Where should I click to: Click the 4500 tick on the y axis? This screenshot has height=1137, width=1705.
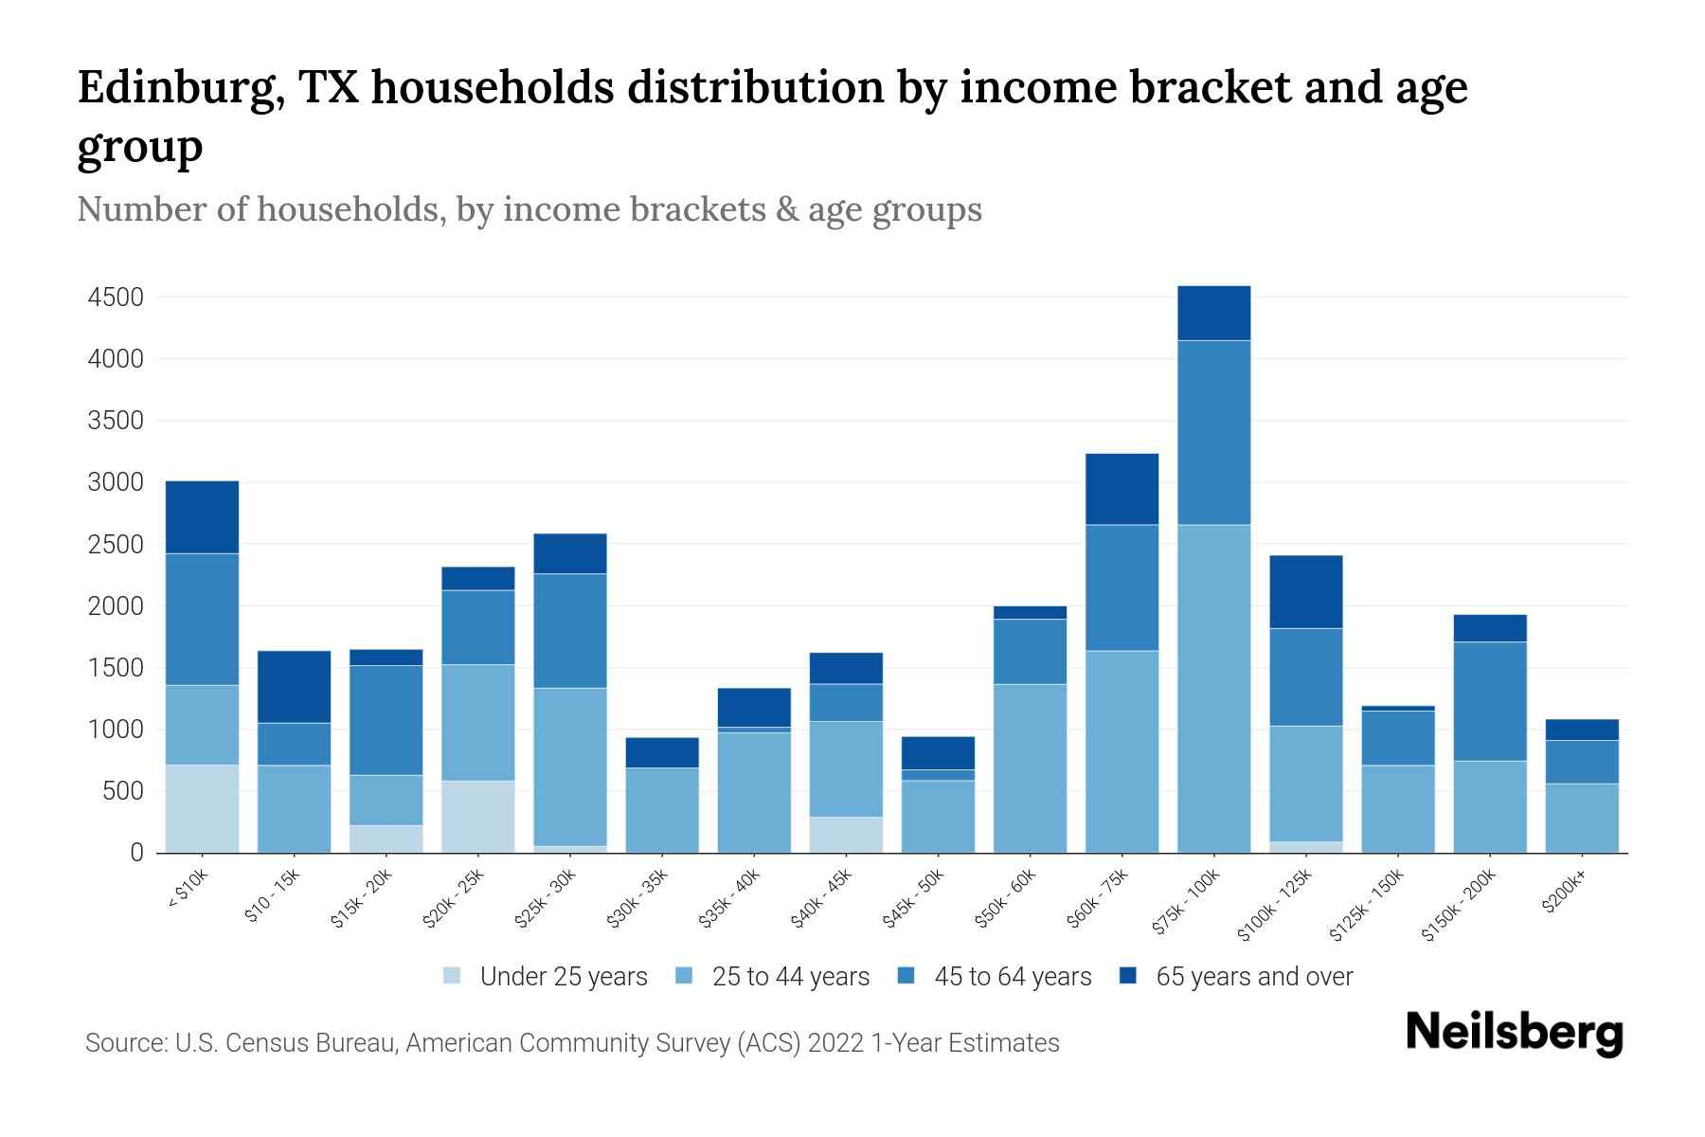pos(115,298)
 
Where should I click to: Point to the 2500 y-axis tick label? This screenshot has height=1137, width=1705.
pos(115,545)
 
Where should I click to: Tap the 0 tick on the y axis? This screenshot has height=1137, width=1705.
pos(136,853)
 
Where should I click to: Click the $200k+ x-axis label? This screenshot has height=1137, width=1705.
pos(1565,893)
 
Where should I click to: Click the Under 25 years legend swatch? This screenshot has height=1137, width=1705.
pos(452,976)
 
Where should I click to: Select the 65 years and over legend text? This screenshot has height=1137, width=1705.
pos(1254,977)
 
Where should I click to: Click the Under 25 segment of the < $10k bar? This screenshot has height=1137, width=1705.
pos(202,808)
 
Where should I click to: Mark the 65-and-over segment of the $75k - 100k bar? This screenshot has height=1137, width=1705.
pos(1213,313)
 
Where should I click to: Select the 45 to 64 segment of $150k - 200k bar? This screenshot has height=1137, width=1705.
pos(1490,701)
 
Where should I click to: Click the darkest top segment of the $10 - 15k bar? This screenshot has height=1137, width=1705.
pos(294,687)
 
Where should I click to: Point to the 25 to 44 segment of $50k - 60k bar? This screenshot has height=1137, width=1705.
pos(1030,767)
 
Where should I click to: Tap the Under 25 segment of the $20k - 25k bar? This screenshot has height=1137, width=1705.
pos(478,816)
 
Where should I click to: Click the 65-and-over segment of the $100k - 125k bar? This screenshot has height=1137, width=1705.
pos(1305,591)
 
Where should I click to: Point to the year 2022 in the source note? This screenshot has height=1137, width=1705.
pos(835,1043)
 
